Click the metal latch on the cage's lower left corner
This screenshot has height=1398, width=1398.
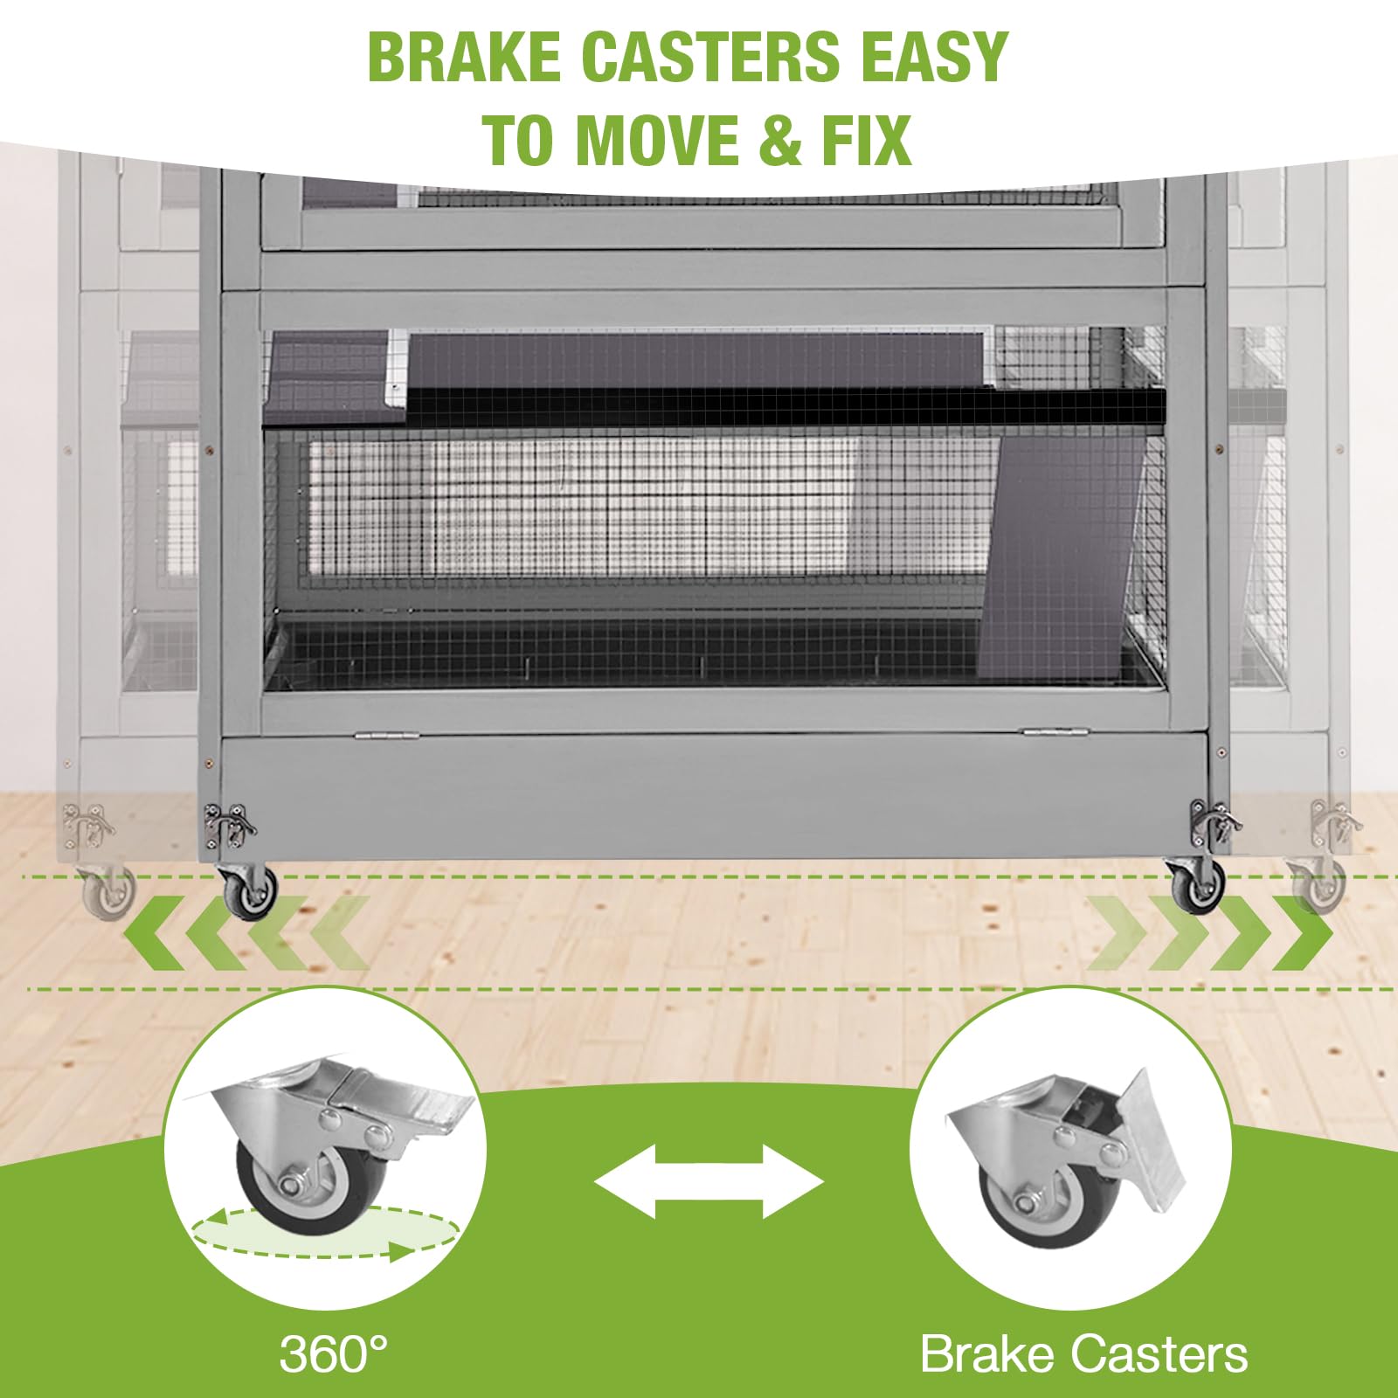click(228, 825)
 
